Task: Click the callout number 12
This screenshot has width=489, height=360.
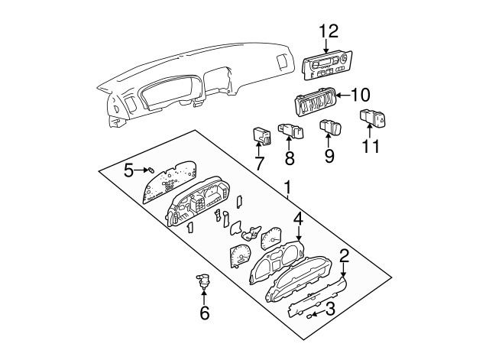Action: click(328, 31)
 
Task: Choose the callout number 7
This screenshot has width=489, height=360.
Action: click(258, 163)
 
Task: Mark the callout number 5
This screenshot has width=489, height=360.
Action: click(129, 170)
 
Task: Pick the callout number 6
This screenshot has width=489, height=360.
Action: click(204, 313)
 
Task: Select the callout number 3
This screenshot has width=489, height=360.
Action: click(330, 309)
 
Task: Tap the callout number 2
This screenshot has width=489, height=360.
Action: click(345, 256)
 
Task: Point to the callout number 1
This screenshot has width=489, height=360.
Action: click(287, 187)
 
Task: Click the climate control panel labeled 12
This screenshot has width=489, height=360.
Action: click(326, 65)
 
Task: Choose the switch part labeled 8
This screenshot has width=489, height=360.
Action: click(290, 130)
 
